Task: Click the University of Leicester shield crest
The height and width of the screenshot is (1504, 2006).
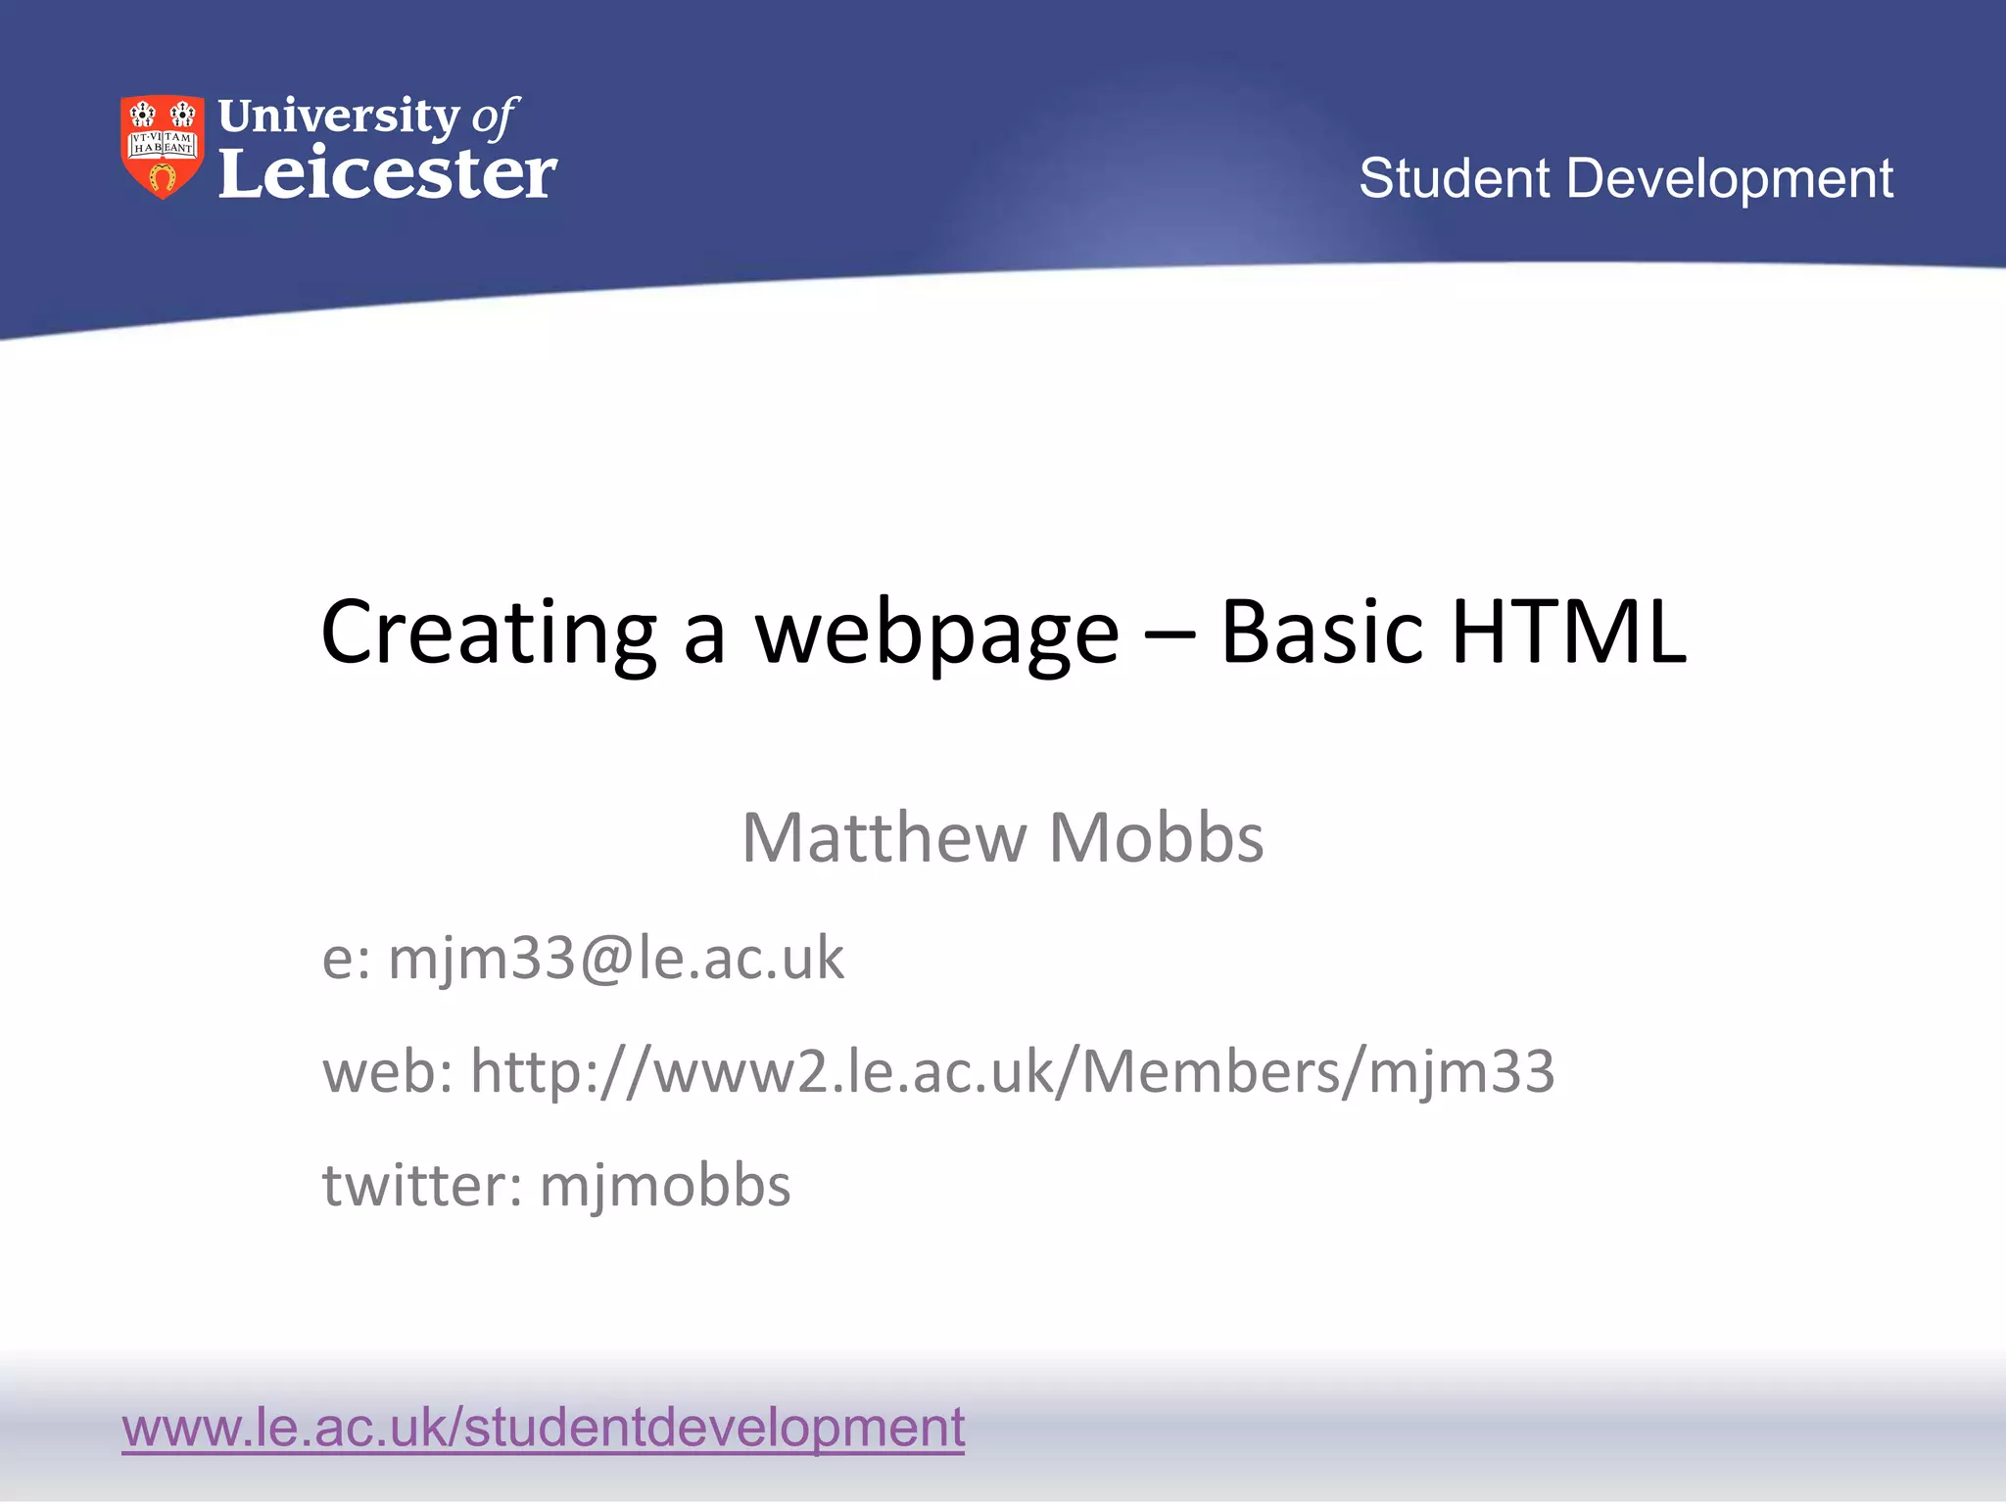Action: click(163, 147)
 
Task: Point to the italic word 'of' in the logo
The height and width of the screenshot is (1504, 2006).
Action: click(495, 117)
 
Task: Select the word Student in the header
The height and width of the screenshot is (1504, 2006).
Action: click(1454, 179)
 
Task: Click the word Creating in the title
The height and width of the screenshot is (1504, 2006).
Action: click(488, 634)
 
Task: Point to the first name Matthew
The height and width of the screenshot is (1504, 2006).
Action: click(884, 838)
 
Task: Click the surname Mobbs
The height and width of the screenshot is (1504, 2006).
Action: click(1156, 838)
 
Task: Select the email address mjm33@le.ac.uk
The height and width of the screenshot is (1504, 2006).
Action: click(616, 959)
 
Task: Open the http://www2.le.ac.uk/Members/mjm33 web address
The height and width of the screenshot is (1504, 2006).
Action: click(1012, 1071)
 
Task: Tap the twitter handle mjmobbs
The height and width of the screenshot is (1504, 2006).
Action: click(665, 1186)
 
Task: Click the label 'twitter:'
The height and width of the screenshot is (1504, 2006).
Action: click(422, 1186)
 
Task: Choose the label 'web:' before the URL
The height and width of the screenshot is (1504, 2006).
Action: click(388, 1071)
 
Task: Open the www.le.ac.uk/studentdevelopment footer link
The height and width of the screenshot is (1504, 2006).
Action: click(544, 1428)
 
